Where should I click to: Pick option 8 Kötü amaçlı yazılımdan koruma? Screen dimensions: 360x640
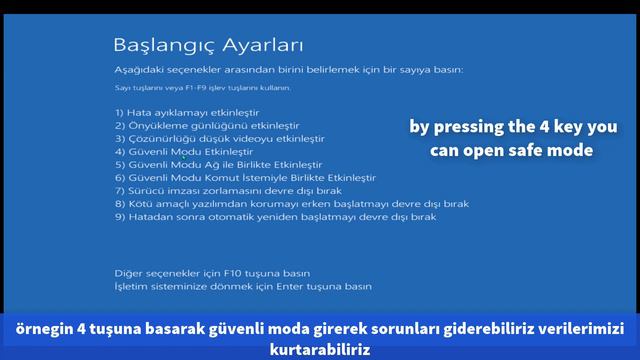pos(292,203)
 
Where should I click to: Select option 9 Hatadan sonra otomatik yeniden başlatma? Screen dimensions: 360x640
pos(275,216)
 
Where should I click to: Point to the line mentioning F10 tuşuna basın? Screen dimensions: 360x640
pos(212,272)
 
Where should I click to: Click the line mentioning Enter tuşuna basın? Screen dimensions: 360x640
pos(243,285)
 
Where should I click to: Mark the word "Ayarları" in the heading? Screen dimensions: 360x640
pos(262,46)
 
